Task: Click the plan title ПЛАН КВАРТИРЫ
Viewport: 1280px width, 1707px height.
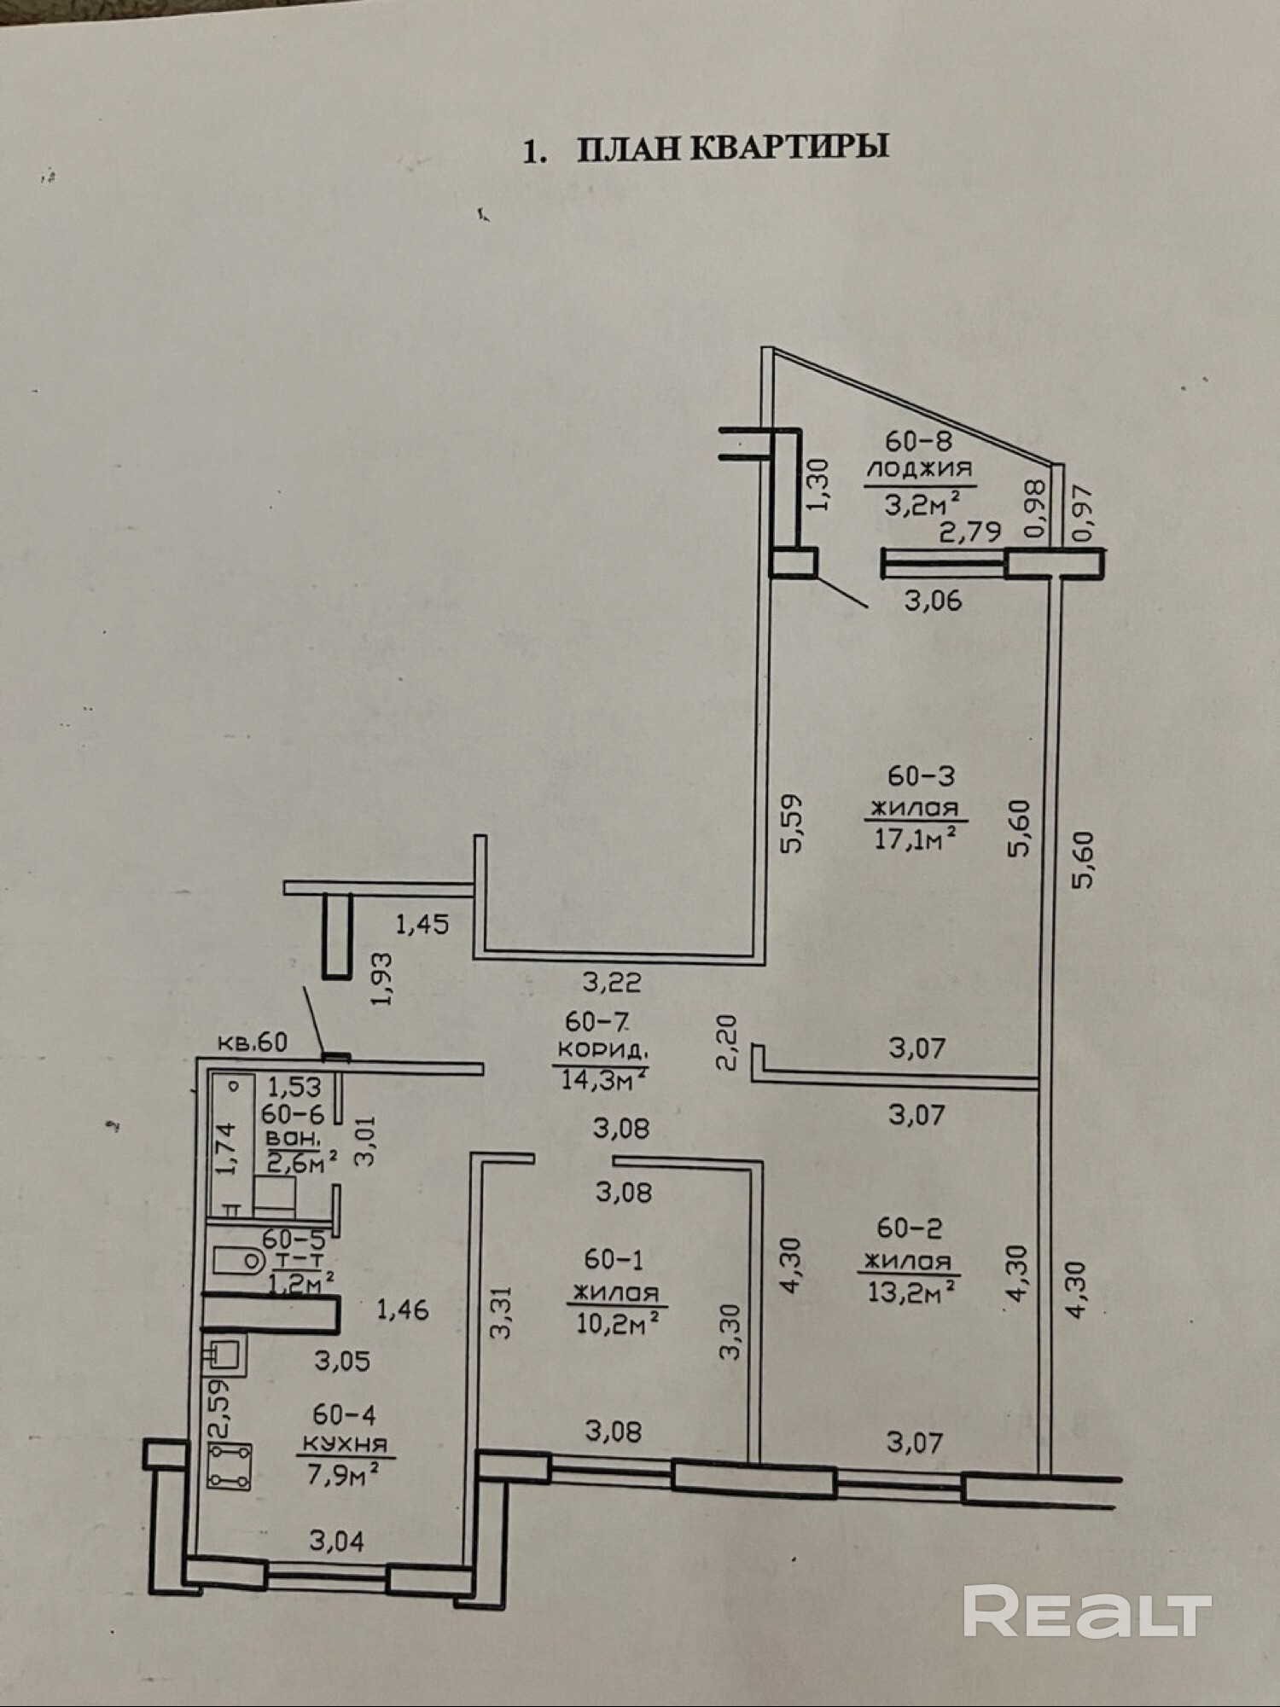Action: (732, 148)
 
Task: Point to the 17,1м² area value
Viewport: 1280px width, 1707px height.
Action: (912, 839)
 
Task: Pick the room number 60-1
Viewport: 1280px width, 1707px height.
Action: (614, 1259)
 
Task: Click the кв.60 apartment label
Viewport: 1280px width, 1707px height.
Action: (253, 1042)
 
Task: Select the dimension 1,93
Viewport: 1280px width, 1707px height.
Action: (383, 978)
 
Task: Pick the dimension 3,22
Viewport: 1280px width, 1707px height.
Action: (611, 983)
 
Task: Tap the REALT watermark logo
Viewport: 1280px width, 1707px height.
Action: (1086, 1611)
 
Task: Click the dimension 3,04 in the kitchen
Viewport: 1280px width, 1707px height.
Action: (336, 1541)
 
